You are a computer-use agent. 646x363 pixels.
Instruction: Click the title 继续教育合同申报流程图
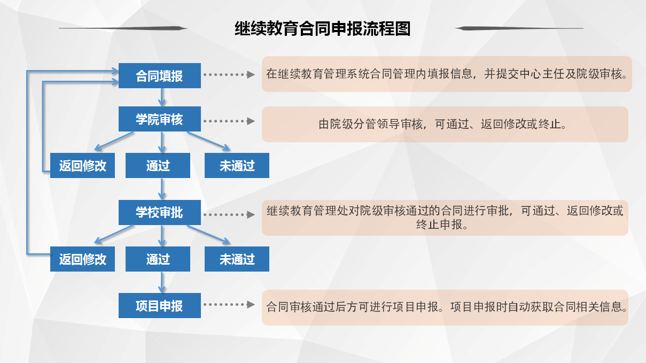click(x=322, y=28)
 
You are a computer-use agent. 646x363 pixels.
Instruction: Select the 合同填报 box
click(x=159, y=75)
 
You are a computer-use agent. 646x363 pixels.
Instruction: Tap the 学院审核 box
click(x=159, y=119)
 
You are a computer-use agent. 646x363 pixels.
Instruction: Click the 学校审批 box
click(x=159, y=212)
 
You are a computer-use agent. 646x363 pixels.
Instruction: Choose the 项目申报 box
click(x=159, y=306)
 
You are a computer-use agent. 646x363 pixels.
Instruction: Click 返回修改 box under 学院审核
click(x=82, y=165)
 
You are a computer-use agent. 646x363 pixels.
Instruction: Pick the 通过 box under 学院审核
click(x=158, y=165)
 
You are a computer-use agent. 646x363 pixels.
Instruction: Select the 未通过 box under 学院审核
click(x=237, y=165)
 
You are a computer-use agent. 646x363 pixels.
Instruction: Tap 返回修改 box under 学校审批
click(x=82, y=259)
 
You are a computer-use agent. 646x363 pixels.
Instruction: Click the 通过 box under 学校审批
click(x=158, y=259)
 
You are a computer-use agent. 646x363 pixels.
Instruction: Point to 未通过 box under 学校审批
click(x=237, y=259)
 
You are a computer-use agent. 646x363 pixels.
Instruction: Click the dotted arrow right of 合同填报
click(x=229, y=75)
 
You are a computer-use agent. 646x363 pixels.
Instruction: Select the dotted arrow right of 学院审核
click(x=229, y=121)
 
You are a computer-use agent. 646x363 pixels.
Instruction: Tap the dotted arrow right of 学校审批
click(x=229, y=215)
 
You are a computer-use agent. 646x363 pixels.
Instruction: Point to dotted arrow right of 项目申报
click(x=229, y=304)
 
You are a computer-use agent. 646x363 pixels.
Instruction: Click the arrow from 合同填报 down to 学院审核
click(x=162, y=97)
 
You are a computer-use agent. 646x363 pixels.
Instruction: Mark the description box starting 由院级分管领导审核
click(x=445, y=125)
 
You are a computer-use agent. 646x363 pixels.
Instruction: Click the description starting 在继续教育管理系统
click(x=447, y=74)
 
